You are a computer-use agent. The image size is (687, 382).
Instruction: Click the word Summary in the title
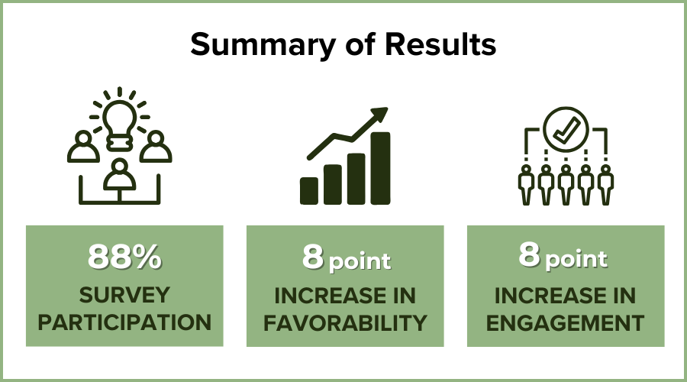pyautogui.click(x=263, y=45)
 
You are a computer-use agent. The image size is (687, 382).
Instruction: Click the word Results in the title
pyautogui.click(x=440, y=44)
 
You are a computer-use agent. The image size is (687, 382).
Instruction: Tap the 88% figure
pyautogui.click(x=124, y=257)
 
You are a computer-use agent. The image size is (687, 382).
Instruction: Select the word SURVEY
pyautogui.click(x=124, y=295)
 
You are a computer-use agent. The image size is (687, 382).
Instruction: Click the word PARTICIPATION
pyautogui.click(x=124, y=322)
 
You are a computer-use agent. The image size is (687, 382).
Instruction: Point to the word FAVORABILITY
pyautogui.click(x=345, y=323)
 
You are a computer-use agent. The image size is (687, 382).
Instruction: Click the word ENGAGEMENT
pyautogui.click(x=565, y=323)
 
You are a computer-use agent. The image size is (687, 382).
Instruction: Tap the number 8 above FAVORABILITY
pyautogui.click(x=313, y=257)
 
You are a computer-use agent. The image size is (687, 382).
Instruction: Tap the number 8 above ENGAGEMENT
pyautogui.click(x=529, y=254)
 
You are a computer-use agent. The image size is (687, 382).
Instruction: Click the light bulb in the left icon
pyautogui.click(x=119, y=125)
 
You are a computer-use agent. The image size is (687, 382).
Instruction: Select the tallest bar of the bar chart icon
pyautogui.click(x=380, y=168)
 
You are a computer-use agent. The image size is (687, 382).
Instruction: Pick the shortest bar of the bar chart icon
pyautogui.click(x=309, y=191)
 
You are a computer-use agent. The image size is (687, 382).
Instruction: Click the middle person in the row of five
pyautogui.click(x=566, y=185)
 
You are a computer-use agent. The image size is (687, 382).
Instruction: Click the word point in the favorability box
pyautogui.click(x=360, y=262)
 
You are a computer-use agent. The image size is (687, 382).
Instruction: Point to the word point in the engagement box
pyautogui.click(x=576, y=259)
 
